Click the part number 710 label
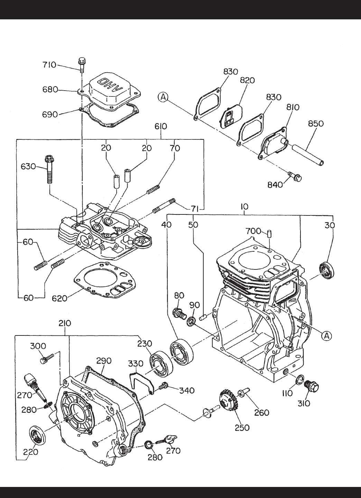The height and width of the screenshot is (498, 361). tap(49, 65)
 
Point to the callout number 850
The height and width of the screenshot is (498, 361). tap(315, 123)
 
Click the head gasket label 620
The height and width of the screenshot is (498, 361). tap(59, 298)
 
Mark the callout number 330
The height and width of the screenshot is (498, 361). tap(135, 365)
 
